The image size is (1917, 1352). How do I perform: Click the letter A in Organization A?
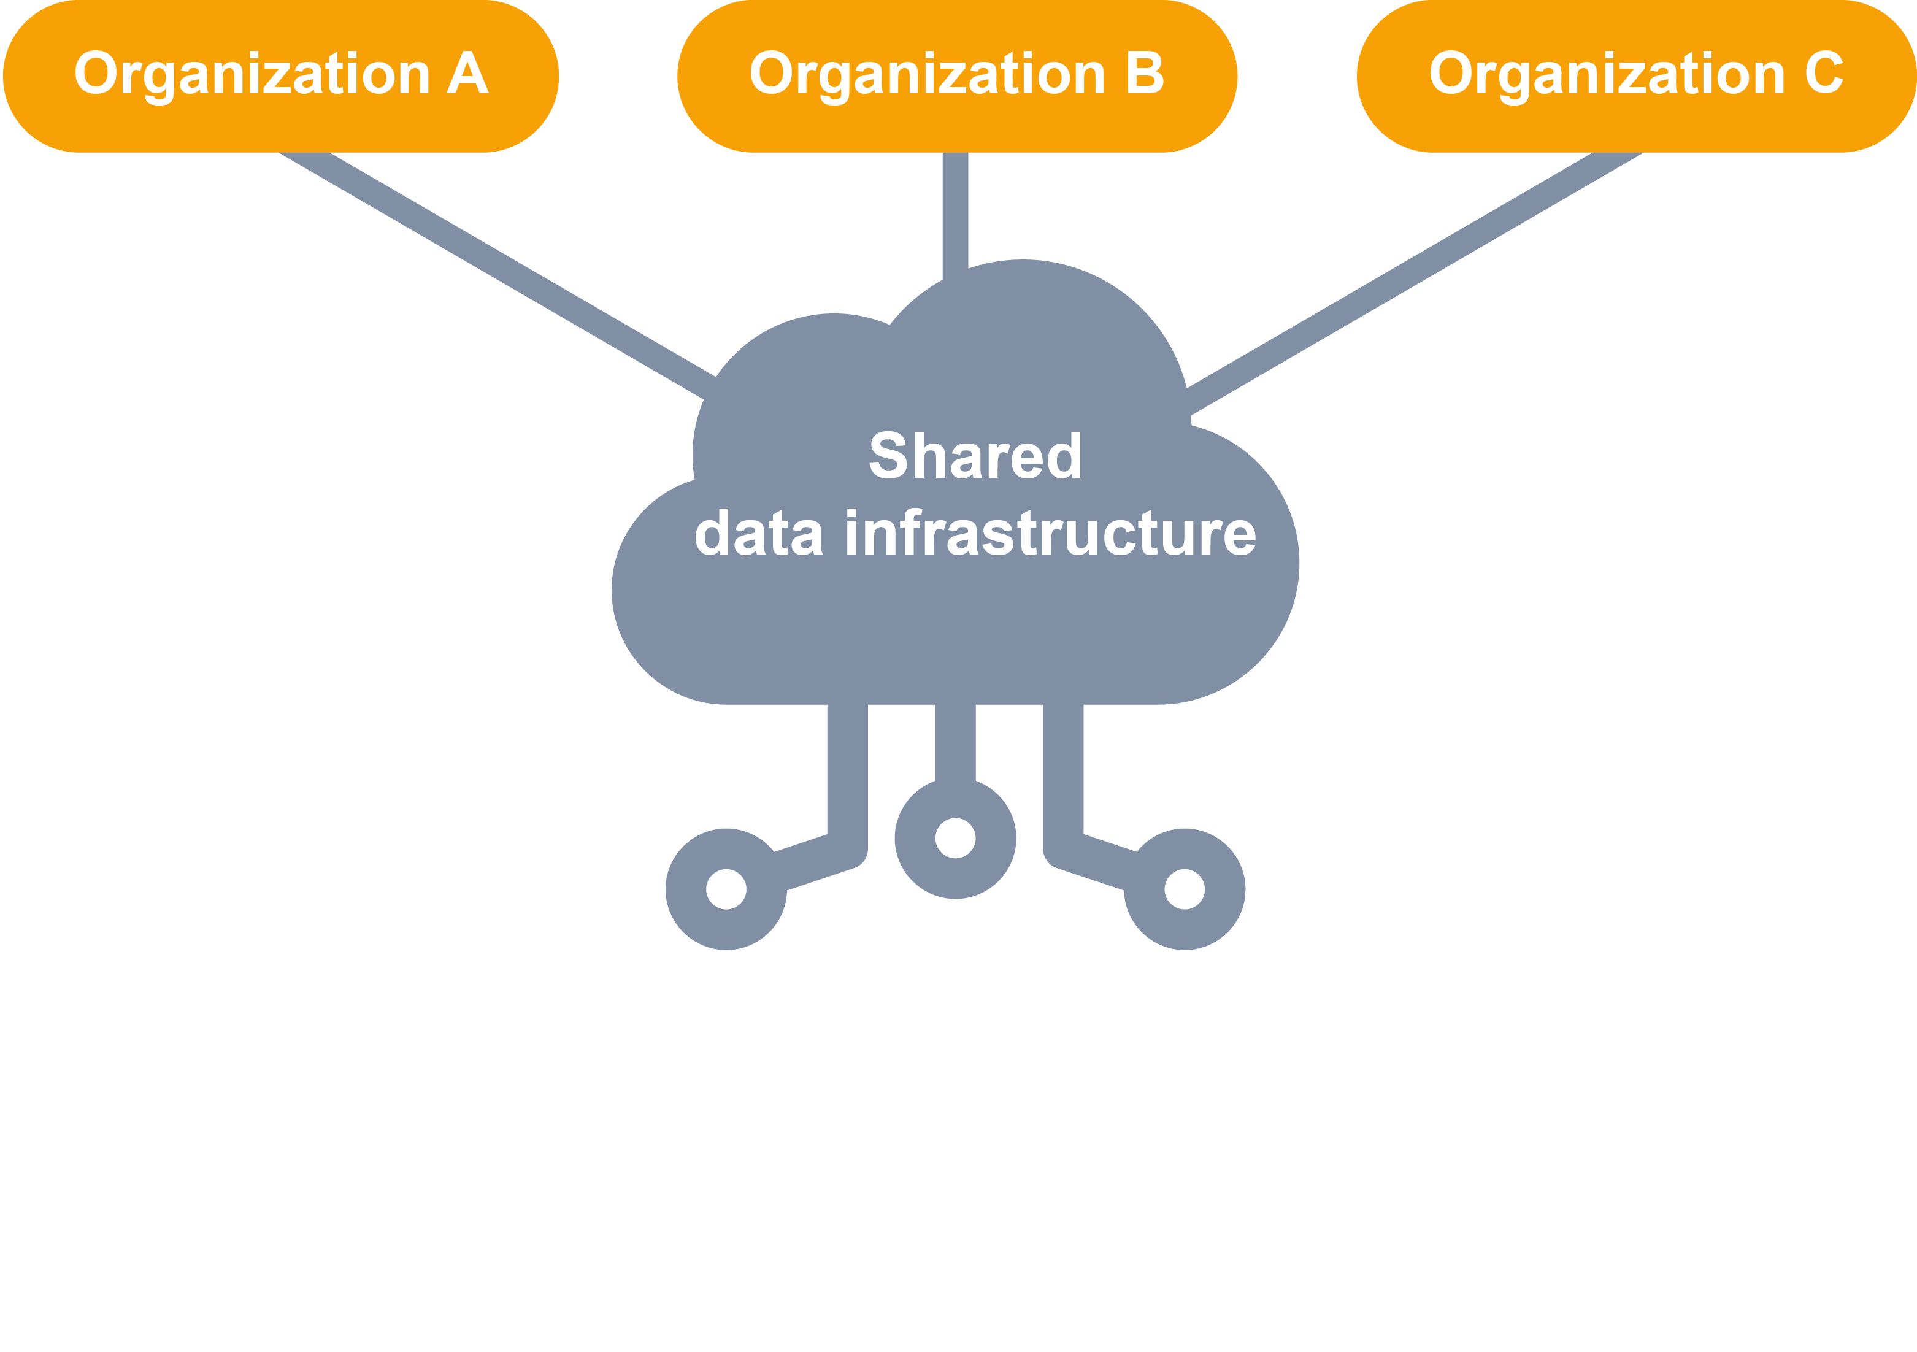click(467, 74)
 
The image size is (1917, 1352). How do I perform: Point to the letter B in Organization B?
click(1144, 74)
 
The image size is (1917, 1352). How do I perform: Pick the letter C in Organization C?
click(1824, 74)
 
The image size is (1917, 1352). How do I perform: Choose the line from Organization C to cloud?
click(1411, 271)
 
